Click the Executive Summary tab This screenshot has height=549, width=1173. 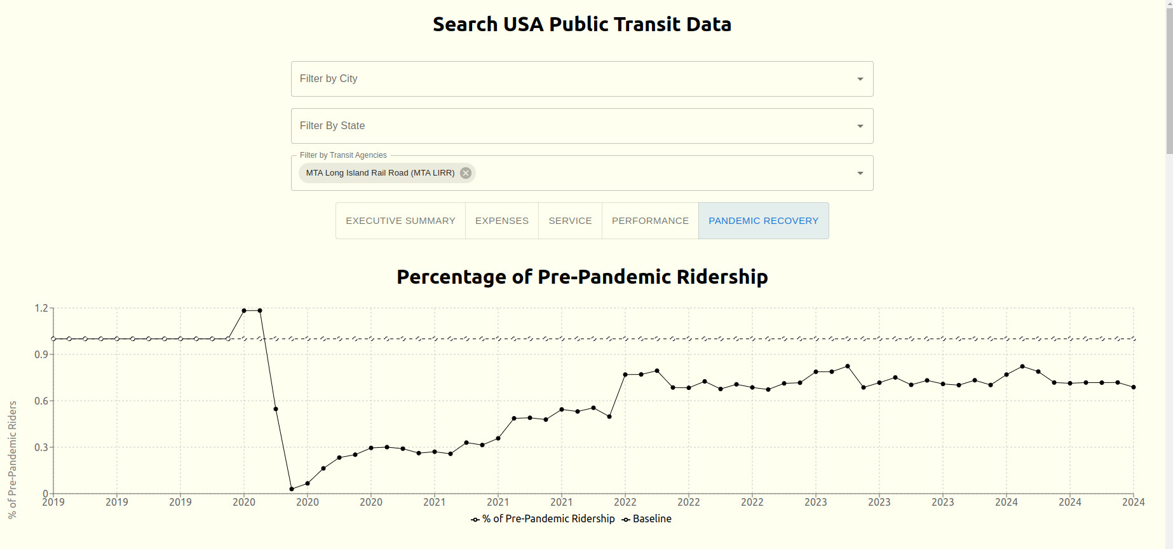(400, 221)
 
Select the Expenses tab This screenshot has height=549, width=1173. (501, 221)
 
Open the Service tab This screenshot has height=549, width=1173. (570, 221)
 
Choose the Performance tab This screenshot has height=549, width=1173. (650, 221)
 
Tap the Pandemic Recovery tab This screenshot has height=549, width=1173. (763, 221)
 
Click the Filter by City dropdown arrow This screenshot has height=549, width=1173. (860, 79)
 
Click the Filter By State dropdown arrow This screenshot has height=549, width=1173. (860, 126)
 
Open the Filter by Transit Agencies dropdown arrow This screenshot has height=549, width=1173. (860, 173)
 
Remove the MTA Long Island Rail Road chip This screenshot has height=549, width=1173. (466, 173)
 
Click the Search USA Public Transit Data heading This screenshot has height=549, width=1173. (581, 24)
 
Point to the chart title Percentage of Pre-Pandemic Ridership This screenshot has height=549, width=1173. (581, 277)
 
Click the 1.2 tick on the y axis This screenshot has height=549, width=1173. (41, 309)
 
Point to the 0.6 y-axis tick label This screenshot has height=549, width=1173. (41, 401)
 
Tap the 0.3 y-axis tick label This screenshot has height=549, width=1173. (41, 447)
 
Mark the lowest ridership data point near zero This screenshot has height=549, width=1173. (292, 489)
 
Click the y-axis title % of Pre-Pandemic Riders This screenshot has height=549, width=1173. (13, 459)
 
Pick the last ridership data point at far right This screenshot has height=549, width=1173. (1133, 387)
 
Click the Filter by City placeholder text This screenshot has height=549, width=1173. (329, 79)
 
